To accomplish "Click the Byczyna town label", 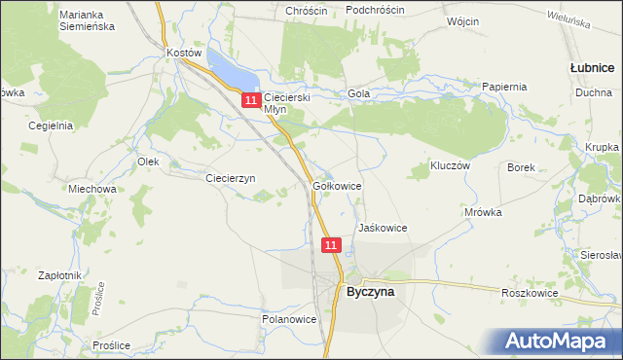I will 370,289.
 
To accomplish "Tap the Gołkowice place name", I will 338,185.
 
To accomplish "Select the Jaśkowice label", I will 382,228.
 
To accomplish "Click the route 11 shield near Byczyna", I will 332,245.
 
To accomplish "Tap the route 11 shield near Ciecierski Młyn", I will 251,99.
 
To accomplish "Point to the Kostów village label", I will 183,53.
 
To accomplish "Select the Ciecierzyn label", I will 230,178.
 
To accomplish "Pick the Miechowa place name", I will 92,189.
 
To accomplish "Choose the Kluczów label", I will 451,166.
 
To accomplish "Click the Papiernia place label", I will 504,87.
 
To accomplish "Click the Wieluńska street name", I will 569,22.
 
